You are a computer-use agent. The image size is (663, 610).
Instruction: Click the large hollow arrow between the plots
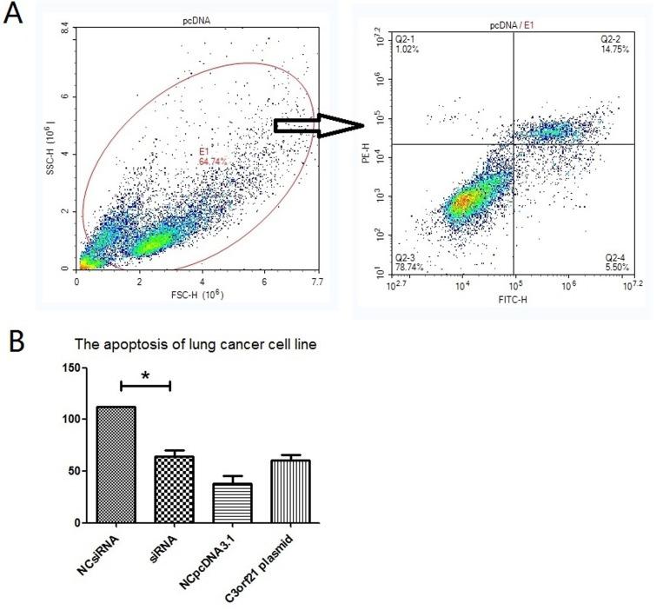(x=318, y=127)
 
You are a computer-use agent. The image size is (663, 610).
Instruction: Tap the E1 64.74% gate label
(x=211, y=157)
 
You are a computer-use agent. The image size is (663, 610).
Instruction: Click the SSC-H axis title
(x=54, y=143)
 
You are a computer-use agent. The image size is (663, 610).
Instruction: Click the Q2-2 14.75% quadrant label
(x=614, y=45)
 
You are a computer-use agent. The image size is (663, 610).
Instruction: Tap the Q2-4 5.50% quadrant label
(x=614, y=263)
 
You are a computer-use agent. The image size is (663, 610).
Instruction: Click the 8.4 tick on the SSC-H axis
(x=62, y=31)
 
